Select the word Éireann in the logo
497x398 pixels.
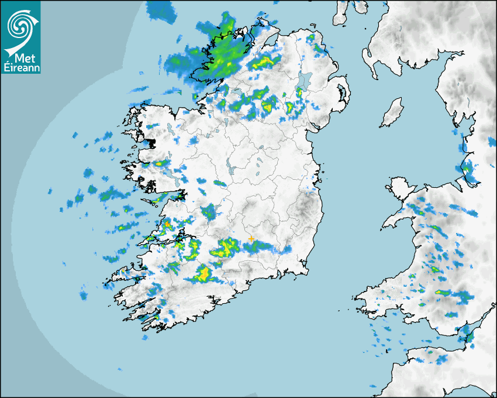point(20,68)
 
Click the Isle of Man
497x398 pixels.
point(392,113)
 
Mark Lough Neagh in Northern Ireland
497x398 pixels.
point(305,82)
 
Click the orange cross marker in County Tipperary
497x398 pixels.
point(251,239)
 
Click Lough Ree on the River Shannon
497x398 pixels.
point(232,170)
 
